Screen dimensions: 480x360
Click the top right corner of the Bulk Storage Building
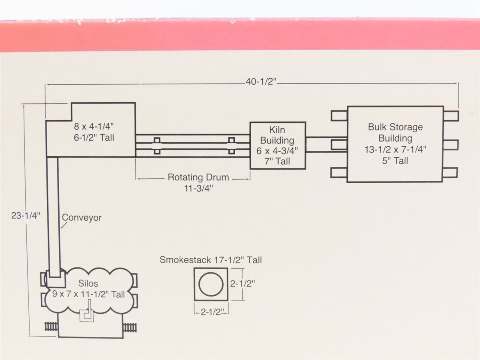point(443,106)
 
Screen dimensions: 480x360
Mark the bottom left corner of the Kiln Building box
point(250,169)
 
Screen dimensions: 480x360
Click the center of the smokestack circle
point(211,284)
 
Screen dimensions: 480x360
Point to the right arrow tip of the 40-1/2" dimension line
point(458,83)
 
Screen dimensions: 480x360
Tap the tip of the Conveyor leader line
point(61,228)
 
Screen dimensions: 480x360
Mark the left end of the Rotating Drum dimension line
point(136,179)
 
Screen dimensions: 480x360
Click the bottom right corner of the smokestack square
point(228,300)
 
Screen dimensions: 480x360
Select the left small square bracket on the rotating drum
point(157,146)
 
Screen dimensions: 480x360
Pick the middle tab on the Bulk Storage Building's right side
point(451,145)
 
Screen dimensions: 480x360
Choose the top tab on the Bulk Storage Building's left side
point(339,116)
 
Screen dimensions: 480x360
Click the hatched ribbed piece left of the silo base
point(51,327)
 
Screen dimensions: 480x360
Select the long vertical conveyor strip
point(53,218)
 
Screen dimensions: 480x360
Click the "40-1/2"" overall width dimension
point(261,82)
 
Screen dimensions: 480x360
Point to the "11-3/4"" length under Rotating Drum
point(198,188)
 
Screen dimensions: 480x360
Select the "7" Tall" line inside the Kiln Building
point(277,161)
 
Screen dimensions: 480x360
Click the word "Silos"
point(88,283)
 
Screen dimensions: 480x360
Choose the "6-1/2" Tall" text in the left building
point(94,138)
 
